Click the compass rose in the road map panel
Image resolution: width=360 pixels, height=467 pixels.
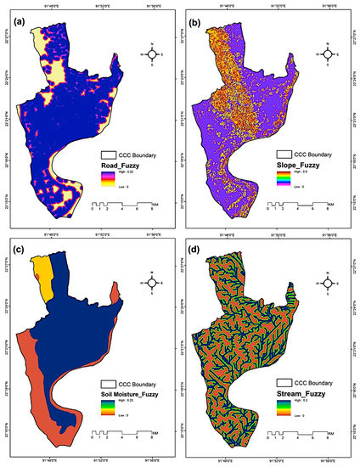point(152,54)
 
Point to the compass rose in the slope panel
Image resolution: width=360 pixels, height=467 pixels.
point(326,54)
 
